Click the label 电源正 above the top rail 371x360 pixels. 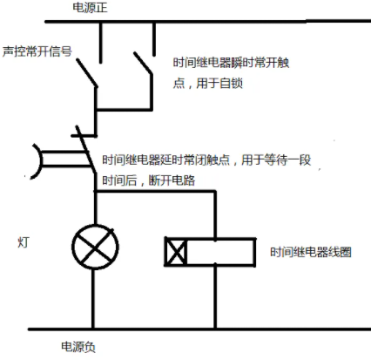coord(90,8)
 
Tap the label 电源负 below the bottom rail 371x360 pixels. coord(78,347)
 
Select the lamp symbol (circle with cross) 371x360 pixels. coord(95,247)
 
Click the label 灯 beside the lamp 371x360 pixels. coord(24,242)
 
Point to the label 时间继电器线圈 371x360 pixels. coord(311,252)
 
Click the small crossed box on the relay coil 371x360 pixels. coord(176,252)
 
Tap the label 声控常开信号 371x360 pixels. coord(37,51)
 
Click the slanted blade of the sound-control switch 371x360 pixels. coord(87,72)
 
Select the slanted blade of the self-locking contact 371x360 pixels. coord(143,63)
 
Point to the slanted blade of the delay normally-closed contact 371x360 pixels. coord(86,150)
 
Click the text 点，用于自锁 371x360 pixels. coord(208,84)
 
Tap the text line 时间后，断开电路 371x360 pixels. coord(149,180)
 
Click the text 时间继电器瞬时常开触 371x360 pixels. coord(231,63)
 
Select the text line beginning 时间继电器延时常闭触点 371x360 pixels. coord(206,160)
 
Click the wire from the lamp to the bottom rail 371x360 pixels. coord(93,299)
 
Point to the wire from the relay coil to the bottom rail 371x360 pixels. coord(215,296)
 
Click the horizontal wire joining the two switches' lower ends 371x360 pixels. coord(125,110)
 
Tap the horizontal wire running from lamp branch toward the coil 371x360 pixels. coord(155,192)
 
